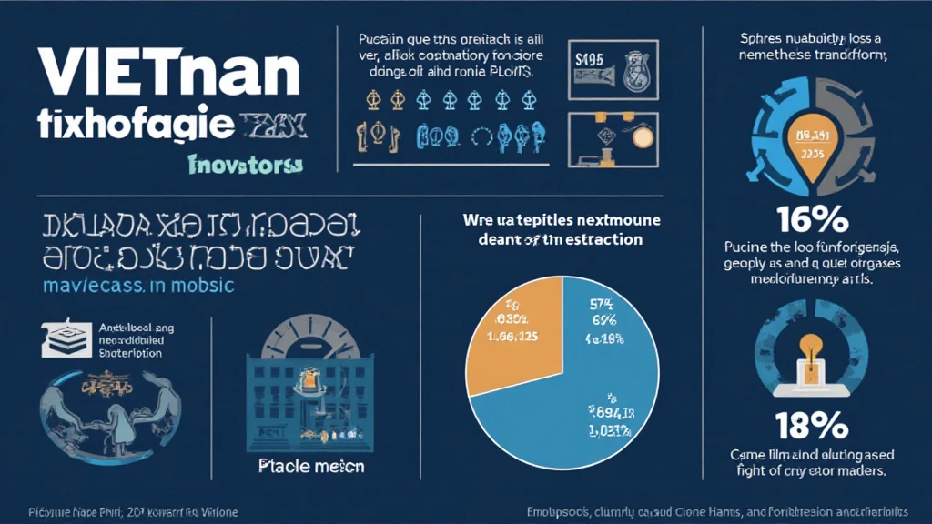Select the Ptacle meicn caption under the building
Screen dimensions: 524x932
[x=311, y=467]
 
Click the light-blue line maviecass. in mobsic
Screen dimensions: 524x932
[x=137, y=285]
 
